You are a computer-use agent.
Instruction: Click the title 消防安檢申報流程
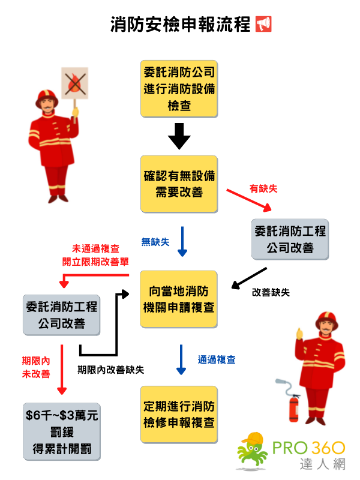181,24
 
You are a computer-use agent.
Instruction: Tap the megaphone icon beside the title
263,24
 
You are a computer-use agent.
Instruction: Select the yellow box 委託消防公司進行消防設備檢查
179,89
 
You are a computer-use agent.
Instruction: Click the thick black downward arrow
179,136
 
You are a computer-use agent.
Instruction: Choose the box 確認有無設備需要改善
179,184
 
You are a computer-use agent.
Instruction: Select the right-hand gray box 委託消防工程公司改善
290,239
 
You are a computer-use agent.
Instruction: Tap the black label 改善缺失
271,292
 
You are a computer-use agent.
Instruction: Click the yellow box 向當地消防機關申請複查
179,299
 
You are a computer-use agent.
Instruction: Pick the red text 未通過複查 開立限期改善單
96,255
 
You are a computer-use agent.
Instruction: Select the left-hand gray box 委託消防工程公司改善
61,315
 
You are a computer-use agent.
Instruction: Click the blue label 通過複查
217,360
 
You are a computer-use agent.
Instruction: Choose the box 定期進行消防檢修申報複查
179,415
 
